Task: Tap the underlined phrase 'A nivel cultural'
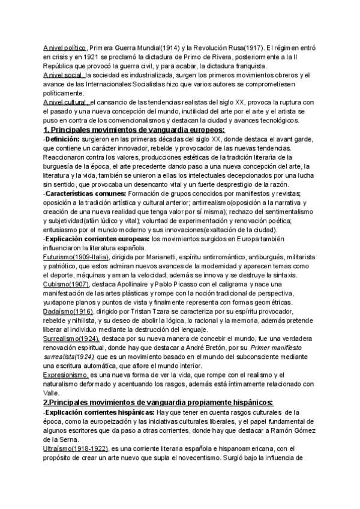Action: pyautogui.click(x=67, y=102)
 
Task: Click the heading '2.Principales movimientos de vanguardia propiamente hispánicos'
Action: pyautogui.click(x=158, y=402)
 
